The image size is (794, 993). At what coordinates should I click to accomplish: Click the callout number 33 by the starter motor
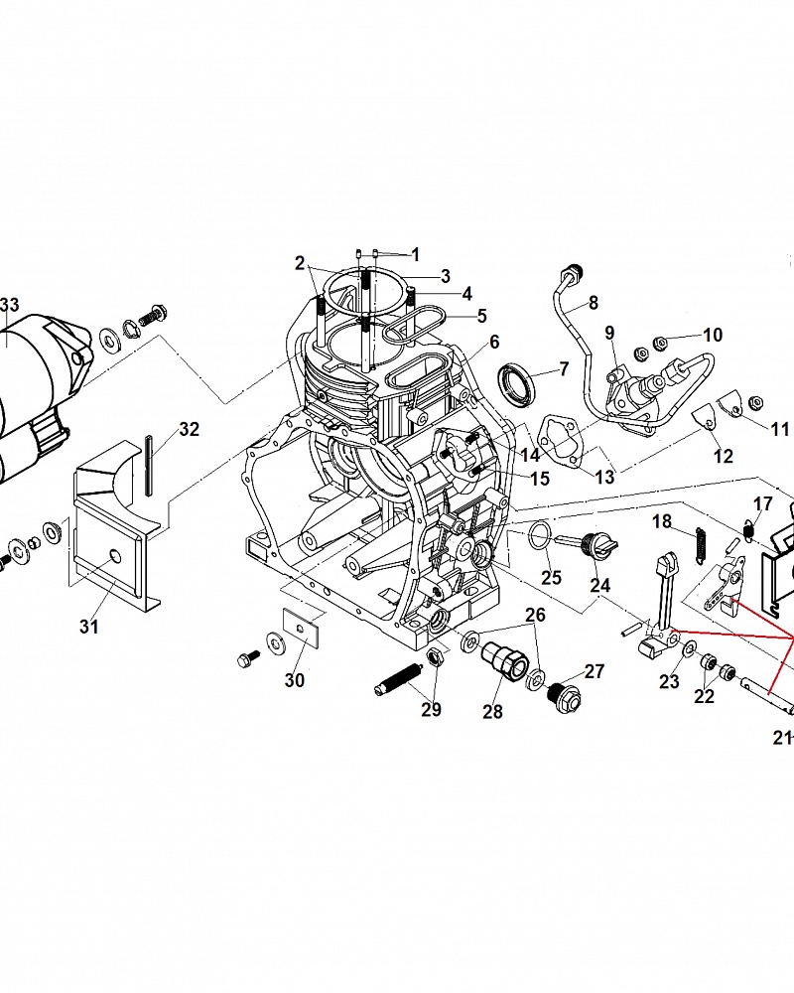point(9,305)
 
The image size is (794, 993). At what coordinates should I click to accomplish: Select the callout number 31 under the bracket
point(89,627)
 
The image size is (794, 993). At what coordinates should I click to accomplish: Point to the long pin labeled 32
point(150,466)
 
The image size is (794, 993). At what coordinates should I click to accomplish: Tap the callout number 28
point(492,711)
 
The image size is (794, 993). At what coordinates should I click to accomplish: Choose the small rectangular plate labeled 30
point(300,627)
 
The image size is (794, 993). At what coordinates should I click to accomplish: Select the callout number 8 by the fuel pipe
point(594,303)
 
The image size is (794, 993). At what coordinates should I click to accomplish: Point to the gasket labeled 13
point(561,440)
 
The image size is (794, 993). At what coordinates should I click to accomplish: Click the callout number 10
point(713,335)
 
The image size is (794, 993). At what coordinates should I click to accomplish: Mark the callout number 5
point(481,315)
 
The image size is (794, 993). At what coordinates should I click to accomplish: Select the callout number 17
point(763,503)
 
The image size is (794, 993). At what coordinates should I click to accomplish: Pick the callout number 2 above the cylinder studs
point(300,263)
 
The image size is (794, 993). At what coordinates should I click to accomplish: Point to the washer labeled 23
point(688,647)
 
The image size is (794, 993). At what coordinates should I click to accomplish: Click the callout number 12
point(724,456)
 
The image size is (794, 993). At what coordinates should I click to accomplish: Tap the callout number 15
point(540,479)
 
